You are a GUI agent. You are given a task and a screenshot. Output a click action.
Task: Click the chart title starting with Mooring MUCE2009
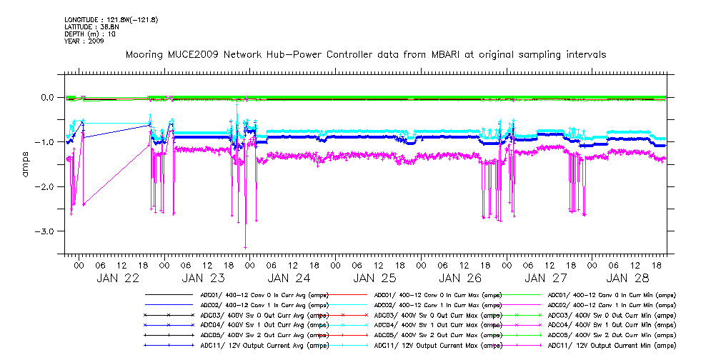tap(366, 54)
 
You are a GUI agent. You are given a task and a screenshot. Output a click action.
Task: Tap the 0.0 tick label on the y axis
tap(46, 97)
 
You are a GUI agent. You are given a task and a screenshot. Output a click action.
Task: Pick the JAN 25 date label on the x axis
tap(374, 278)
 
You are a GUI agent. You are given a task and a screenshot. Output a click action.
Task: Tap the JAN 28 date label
tap(628, 278)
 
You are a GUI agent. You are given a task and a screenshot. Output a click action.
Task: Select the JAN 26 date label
tap(459, 278)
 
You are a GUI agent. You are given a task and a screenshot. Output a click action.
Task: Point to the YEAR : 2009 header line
tap(84, 41)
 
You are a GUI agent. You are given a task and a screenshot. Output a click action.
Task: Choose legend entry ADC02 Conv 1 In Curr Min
tap(611, 305)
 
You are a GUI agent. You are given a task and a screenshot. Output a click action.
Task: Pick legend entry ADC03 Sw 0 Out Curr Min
tap(611, 315)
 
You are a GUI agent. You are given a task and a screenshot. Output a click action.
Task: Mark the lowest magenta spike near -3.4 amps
tap(246, 246)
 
